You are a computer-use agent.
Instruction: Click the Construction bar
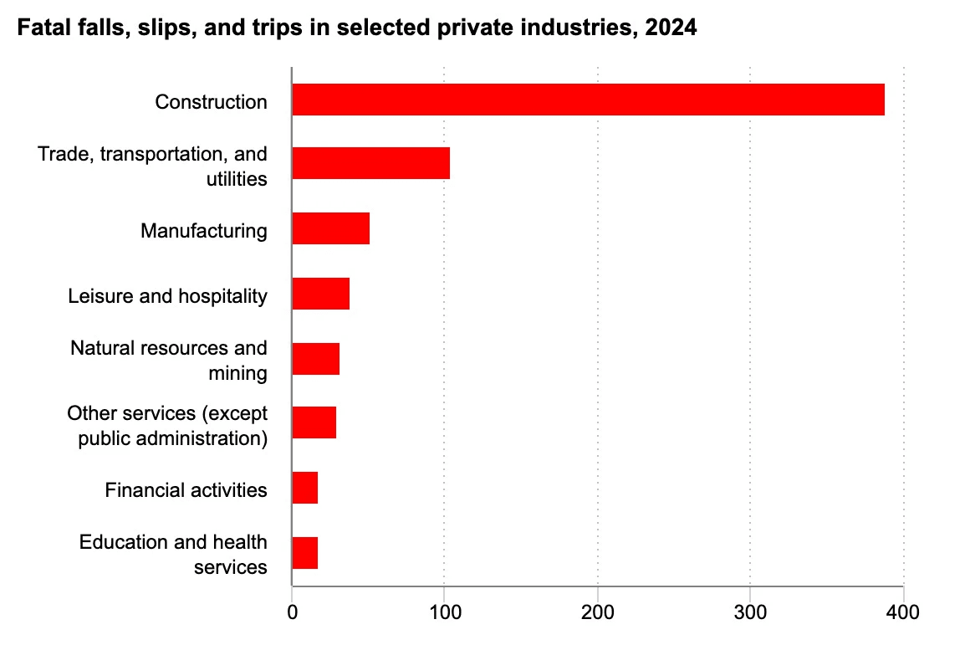pyautogui.click(x=589, y=100)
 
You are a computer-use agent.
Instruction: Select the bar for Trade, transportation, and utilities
pyautogui.click(x=371, y=163)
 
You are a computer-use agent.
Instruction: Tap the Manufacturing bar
pyautogui.click(x=331, y=228)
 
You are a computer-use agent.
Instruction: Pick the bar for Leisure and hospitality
pyautogui.click(x=321, y=294)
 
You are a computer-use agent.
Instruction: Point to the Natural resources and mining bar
pyautogui.click(x=316, y=358)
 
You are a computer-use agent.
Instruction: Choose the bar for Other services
pyautogui.click(x=314, y=422)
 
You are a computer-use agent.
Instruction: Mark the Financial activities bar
pyautogui.click(x=305, y=488)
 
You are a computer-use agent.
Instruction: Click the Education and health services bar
pyautogui.click(x=305, y=553)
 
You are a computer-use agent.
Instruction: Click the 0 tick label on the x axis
pyautogui.click(x=292, y=612)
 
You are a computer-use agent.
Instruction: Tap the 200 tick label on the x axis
pyautogui.click(x=598, y=612)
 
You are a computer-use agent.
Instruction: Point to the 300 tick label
pyautogui.click(x=750, y=612)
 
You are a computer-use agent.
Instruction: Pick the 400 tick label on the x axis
pyautogui.click(x=902, y=612)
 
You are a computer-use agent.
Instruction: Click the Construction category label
pyautogui.click(x=211, y=101)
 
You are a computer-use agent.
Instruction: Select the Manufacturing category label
pyautogui.click(x=204, y=231)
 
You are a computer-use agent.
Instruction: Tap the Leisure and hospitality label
pyautogui.click(x=167, y=296)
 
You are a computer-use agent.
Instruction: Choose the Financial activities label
pyautogui.click(x=186, y=489)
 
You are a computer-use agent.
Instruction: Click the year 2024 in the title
pyautogui.click(x=671, y=28)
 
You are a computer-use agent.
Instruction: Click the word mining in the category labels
pyautogui.click(x=238, y=373)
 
